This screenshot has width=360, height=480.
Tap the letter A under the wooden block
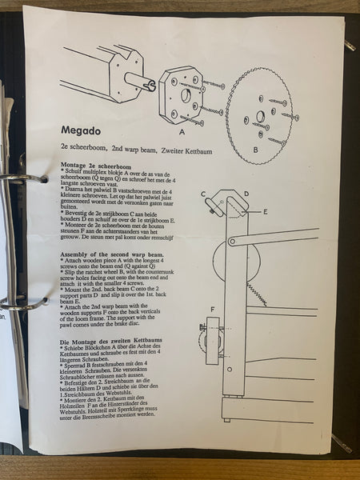[x=182, y=131]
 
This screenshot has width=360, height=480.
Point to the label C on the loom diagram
[x=204, y=194]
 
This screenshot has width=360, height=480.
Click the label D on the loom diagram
[x=246, y=193]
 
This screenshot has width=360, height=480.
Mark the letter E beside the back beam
[x=265, y=212]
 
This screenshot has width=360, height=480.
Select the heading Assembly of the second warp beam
[x=111, y=254]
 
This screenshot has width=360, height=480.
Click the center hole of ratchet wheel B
[x=260, y=117]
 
